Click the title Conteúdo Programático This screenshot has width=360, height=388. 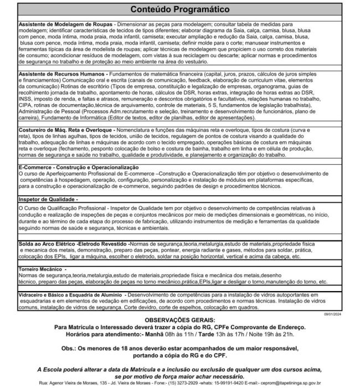179,10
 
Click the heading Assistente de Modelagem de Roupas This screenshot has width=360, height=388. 65,25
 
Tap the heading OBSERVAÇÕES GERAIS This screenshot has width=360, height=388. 180,321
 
